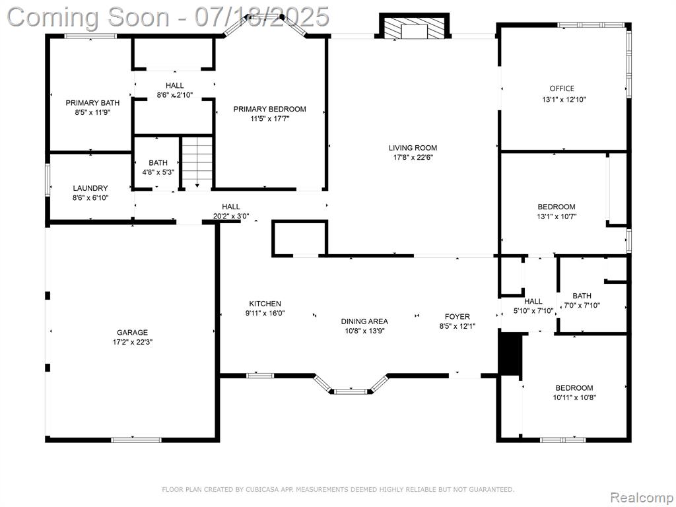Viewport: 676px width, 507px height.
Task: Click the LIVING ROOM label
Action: [413, 148]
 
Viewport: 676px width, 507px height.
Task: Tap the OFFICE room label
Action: [562, 88]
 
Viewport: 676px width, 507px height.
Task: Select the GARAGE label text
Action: [132, 333]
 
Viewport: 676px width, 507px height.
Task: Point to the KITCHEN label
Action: [265, 304]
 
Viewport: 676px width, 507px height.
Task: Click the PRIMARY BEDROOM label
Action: [270, 109]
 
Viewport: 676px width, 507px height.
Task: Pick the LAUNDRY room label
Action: [90, 188]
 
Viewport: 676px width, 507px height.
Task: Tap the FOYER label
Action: [457, 316]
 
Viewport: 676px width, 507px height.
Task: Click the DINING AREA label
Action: [364, 321]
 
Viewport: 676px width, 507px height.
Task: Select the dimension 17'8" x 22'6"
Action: [413, 157]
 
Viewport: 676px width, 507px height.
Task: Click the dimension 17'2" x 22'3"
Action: [132, 343]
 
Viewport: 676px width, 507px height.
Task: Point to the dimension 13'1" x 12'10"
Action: [564, 99]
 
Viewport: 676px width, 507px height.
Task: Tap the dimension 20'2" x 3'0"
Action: [231, 217]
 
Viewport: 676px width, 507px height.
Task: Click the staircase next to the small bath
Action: [197, 163]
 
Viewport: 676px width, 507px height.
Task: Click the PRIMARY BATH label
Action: [92, 102]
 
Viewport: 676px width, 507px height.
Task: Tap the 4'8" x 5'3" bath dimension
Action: [158, 172]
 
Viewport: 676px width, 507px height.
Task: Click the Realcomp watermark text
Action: [642, 497]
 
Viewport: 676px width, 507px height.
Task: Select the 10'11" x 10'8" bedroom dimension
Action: [574, 397]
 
